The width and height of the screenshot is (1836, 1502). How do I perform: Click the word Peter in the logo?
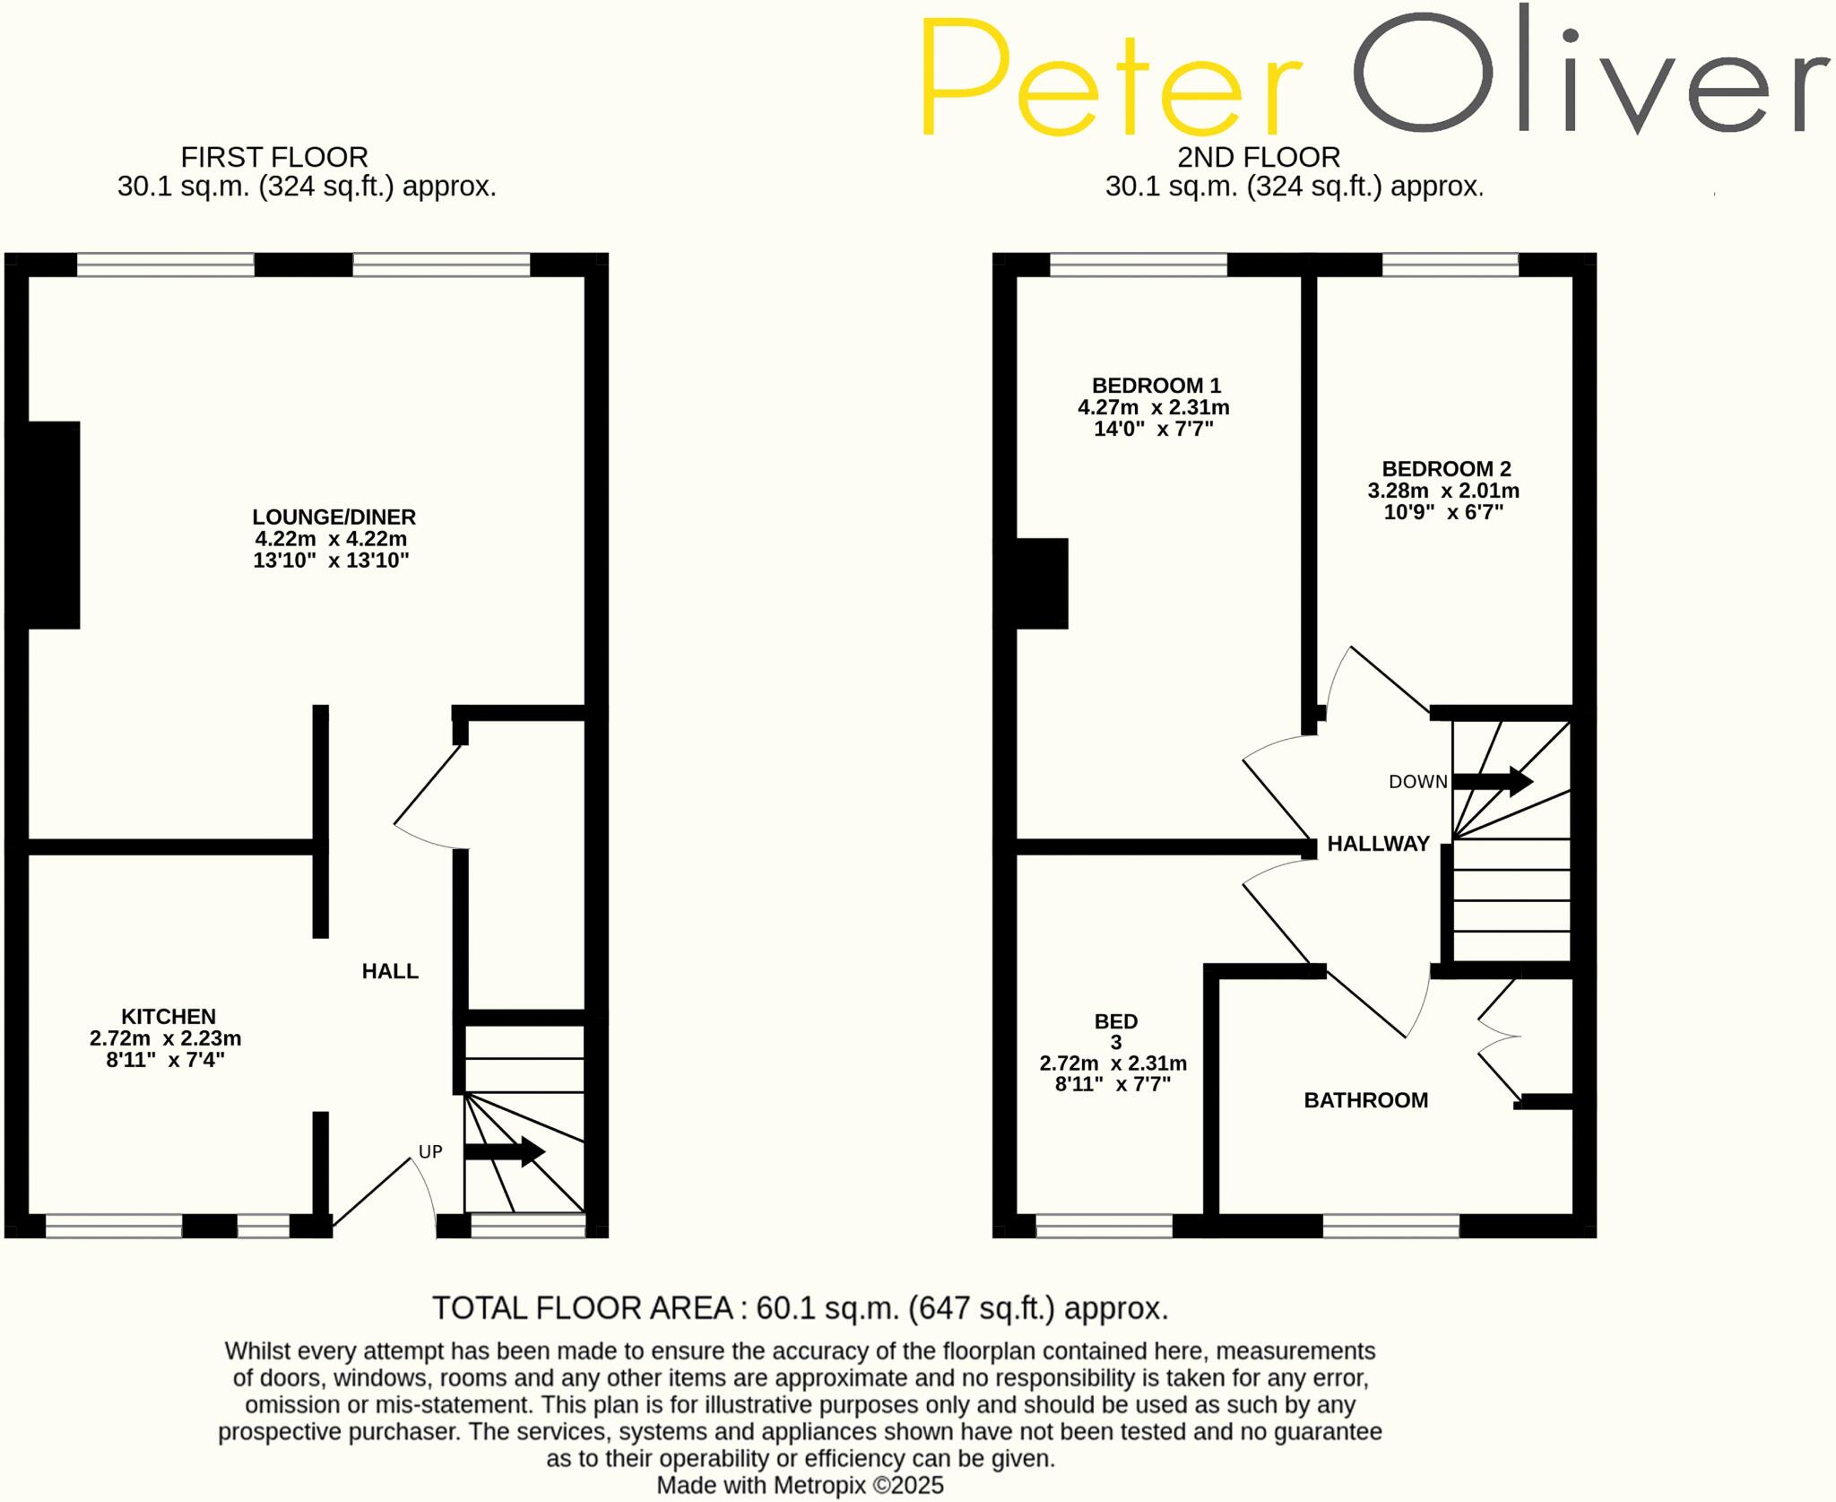tap(1110, 79)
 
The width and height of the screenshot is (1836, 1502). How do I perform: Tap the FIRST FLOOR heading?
tap(274, 158)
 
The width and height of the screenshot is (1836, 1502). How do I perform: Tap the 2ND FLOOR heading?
tap(1258, 158)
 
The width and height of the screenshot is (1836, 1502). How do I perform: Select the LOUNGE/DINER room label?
tap(333, 517)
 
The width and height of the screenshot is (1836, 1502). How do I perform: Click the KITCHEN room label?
tap(169, 1016)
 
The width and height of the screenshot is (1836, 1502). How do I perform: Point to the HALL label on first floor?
tap(390, 971)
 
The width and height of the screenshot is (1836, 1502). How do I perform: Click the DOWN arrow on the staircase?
tap(1493, 781)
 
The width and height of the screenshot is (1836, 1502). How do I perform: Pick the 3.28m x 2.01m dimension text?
tap(1443, 491)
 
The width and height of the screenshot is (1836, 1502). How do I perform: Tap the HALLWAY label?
tap(1378, 844)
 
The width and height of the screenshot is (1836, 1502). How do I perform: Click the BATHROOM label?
tap(1365, 1100)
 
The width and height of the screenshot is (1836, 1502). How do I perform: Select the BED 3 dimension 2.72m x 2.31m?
tap(1113, 1064)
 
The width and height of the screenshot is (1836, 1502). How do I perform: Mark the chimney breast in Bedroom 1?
tap(1041, 583)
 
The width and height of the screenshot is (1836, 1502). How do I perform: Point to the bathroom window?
tap(1390, 1226)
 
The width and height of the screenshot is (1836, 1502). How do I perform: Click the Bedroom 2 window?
tap(1450, 265)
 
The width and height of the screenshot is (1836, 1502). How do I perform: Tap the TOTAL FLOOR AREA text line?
tap(800, 1308)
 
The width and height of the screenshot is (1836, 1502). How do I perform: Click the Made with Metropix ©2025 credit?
tap(800, 1486)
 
